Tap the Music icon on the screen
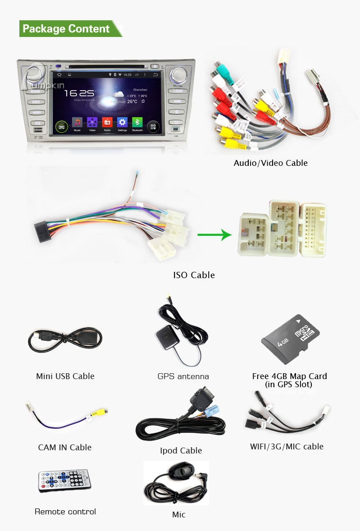point(77,123)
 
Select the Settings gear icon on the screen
point(122,123)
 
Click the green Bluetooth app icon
point(137,123)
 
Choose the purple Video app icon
point(92,123)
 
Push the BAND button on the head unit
point(36,91)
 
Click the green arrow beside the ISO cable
point(214,235)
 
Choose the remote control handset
point(64,479)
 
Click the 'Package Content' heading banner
point(66,29)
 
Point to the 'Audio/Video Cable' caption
point(270,163)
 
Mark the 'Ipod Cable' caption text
point(181,450)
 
